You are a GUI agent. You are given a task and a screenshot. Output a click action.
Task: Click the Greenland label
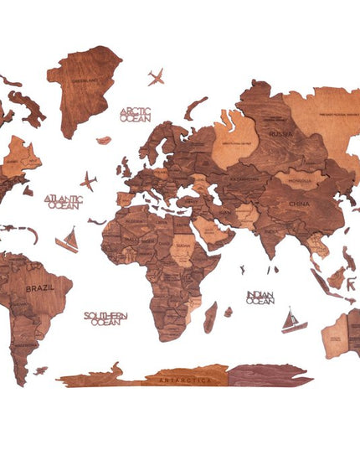click(x=85, y=80)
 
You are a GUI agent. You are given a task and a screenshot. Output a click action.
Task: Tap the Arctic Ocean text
click(x=136, y=114)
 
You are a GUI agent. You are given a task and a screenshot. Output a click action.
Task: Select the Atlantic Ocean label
click(x=64, y=202)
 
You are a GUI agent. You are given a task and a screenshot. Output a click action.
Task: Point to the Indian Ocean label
click(x=260, y=297)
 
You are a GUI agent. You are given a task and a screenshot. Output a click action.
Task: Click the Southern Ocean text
click(x=105, y=318)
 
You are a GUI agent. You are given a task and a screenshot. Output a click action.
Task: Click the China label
click(x=299, y=204)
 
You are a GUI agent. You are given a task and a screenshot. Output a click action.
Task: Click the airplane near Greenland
click(x=156, y=78)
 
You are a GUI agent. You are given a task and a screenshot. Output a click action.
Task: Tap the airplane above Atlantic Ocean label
click(x=89, y=181)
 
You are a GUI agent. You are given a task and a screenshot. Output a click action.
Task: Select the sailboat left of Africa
click(x=68, y=241)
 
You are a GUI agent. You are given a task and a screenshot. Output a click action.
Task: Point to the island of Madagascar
click(x=211, y=318)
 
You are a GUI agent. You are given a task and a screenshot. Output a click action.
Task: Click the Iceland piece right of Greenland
click(x=104, y=140)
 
